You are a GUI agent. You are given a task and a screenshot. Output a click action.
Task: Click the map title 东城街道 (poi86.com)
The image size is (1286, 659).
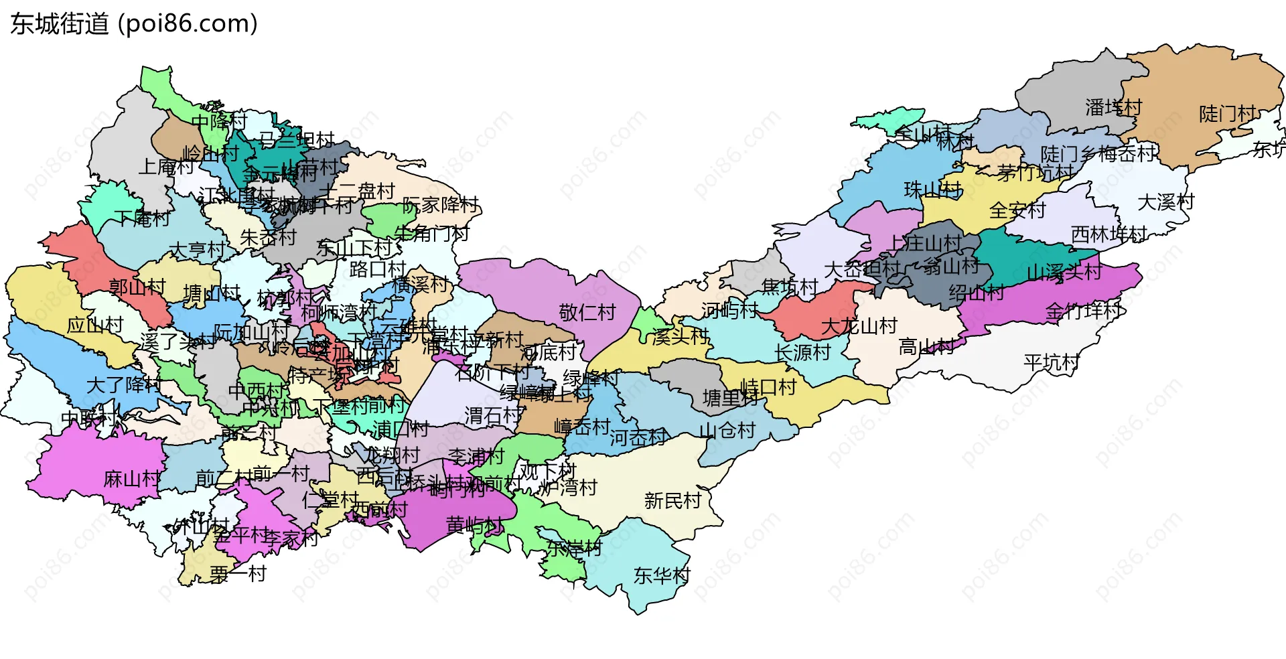[x=134, y=24]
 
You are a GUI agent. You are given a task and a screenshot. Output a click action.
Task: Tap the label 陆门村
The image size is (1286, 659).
[x=1227, y=114]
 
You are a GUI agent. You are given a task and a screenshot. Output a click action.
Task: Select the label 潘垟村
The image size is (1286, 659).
[x=1113, y=107]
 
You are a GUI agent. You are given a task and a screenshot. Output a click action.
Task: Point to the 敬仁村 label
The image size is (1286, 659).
[x=587, y=312]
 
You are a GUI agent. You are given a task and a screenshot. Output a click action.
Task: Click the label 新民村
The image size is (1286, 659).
[x=672, y=500]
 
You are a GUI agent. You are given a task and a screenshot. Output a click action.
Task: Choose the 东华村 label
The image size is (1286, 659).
[x=662, y=575]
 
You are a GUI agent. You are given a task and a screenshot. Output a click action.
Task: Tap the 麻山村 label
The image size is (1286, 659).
[x=132, y=479]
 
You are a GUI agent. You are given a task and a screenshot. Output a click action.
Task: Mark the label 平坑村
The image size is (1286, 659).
[x=1052, y=363]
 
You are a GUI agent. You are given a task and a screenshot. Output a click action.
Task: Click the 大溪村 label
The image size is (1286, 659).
[x=1166, y=202]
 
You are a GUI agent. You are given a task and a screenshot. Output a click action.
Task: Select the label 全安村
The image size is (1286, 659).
[x=1017, y=210]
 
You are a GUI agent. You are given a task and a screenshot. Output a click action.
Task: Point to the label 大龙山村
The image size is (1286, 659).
[x=859, y=326]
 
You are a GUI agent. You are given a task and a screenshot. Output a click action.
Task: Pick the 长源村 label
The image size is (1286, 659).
[x=802, y=352]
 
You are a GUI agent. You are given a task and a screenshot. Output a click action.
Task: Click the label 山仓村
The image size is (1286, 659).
[x=727, y=430]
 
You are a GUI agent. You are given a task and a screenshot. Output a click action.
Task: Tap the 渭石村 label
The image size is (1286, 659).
[x=493, y=416]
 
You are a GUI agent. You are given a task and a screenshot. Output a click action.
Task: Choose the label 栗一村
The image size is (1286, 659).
[x=238, y=574]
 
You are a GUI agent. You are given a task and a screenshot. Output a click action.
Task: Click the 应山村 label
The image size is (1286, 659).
[x=95, y=325]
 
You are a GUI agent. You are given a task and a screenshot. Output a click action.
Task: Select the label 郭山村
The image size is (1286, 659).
[x=137, y=287]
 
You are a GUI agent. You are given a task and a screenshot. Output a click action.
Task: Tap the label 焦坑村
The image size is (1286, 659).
[x=790, y=287]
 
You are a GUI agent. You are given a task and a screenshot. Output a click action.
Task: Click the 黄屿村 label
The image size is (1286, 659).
[x=474, y=525]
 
